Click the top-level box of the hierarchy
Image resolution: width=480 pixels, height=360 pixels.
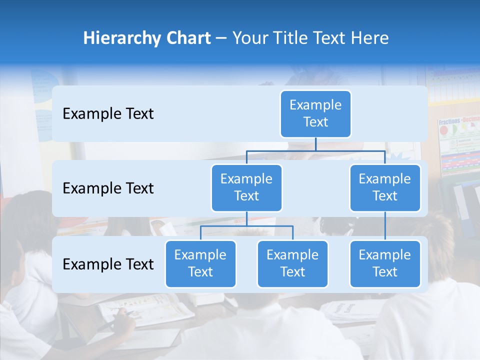(x=315, y=113)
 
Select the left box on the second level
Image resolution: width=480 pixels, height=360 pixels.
(x=246, y=187)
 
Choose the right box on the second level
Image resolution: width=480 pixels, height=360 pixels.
(x=385, y=187)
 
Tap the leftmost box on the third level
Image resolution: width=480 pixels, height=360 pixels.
(x=200, y=263)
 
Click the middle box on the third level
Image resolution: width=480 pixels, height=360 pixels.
(x=292, y=263)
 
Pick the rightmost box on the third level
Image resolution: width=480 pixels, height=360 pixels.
(x=385, y=263)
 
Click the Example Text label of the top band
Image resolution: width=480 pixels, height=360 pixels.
(x=108, y=114)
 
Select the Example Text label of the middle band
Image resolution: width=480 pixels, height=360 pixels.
(x=108, y=188)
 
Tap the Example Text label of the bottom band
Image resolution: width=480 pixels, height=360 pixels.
(x=108, y=264)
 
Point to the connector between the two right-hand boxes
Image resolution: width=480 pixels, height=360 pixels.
(x=385, y=226)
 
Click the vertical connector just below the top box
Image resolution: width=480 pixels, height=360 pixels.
(x=315, y=144)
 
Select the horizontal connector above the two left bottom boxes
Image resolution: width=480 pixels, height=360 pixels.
(x=246, y=226)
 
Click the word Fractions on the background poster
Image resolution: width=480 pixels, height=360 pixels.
(x=449, y=121)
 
